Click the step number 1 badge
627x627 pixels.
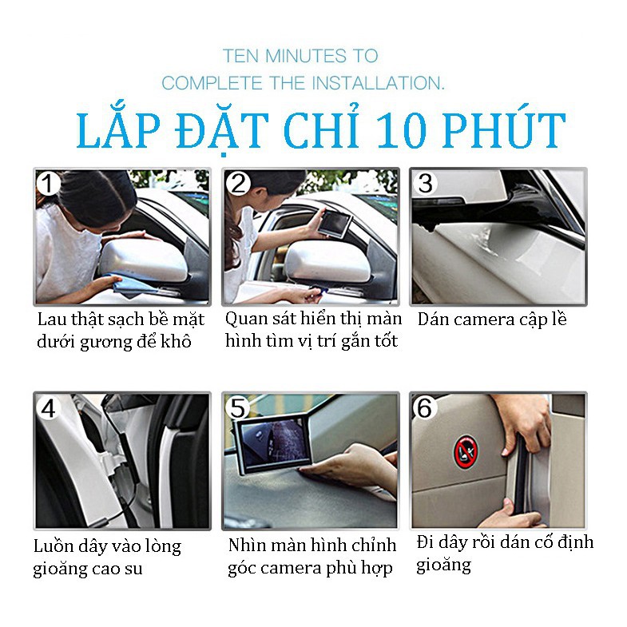pos(48,184)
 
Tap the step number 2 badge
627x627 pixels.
pos(238,184)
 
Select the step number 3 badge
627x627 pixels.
pos(425,184)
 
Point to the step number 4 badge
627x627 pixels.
pos(48,408)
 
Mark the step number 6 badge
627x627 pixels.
pos(425,408)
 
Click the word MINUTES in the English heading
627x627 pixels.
pos(306,56)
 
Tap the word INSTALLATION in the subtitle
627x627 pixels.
pos(378,83)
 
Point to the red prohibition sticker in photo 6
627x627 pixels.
pos(466,452)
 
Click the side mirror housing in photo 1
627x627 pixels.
pos(142,259)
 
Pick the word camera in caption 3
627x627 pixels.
pos(484,320)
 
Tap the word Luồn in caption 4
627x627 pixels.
pos(52,546)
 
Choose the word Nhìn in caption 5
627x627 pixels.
pos(245,545)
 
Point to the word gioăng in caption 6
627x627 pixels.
pos(443,565)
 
